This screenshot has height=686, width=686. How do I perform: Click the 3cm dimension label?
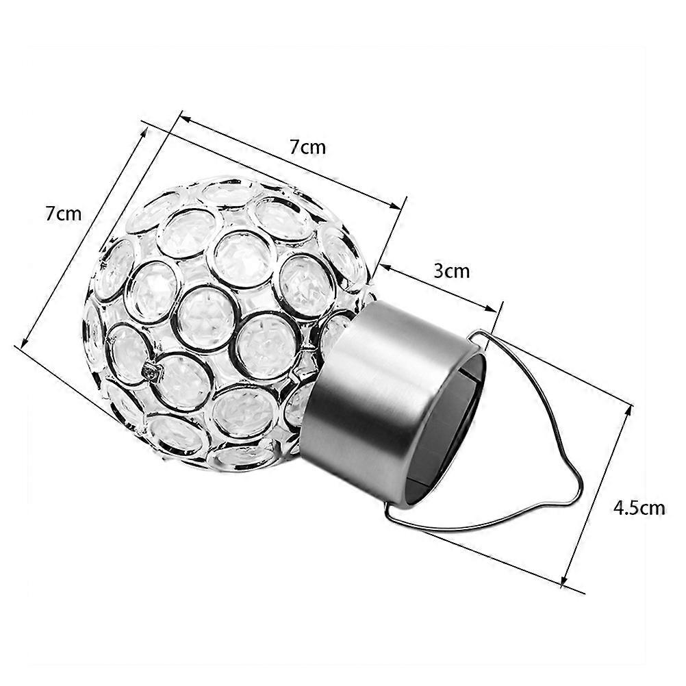(x=452, y=270)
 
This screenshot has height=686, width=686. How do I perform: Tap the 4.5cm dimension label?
(x=639, y=508)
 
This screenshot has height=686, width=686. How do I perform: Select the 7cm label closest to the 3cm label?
(x=307, y=147)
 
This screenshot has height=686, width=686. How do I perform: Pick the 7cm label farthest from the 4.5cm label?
(x=63, y=214)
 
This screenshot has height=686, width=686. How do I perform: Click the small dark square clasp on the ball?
(x=151, y=371)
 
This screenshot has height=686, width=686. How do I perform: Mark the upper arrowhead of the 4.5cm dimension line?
(x=628, y=409)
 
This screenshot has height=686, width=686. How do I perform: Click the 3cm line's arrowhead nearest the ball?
(x=382, y=265)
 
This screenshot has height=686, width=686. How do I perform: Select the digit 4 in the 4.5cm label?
(x=618, y=508)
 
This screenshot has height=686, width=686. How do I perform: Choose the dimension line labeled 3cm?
(x=438, y=287)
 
